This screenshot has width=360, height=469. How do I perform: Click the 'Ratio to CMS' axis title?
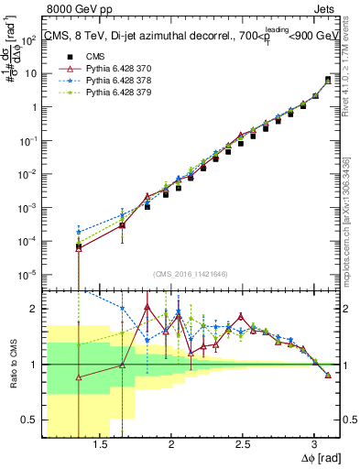tap(11, 365)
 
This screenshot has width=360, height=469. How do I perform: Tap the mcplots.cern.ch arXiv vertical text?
tap(349, 211)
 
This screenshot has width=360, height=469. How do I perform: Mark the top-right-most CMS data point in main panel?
tap(328, 80)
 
